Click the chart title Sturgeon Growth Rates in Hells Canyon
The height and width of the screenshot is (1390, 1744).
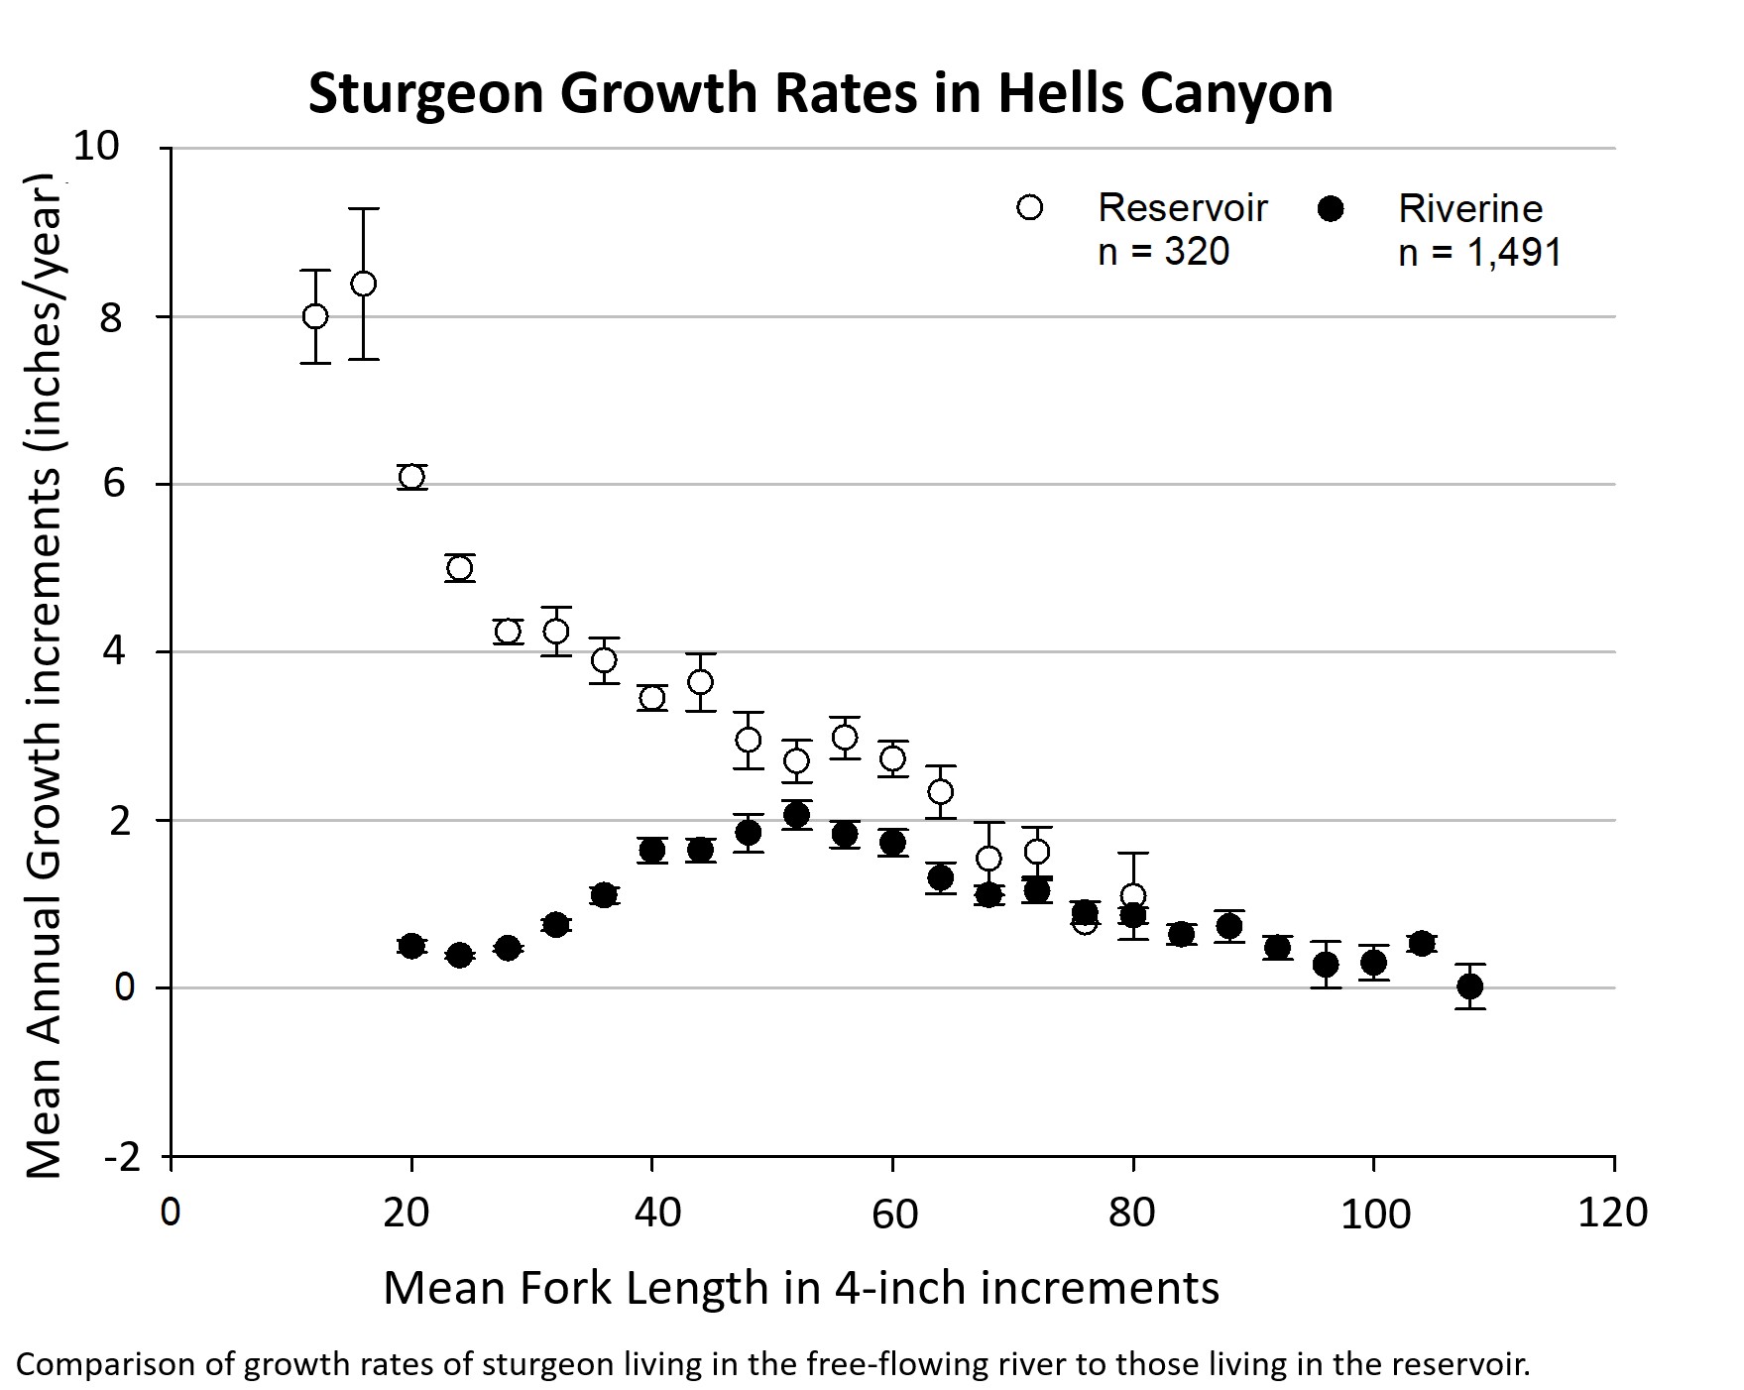pyautogui.click(x=820, y=94)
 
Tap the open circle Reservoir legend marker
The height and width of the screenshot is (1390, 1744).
pyautogui.click(x=1030, y=207)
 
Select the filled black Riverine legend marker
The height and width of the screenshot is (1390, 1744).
pyautogui.click(x=1331, y=207)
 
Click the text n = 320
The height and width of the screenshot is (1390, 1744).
pyautogui.click(x=1163, y=252)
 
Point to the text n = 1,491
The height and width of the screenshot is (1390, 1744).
pyautogui.click(x=1479, y=252)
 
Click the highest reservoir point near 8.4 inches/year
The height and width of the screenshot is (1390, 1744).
pyautogui.click(x=364, y=284)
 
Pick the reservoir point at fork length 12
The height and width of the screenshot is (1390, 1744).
pyautogui.click(x=315, y=316)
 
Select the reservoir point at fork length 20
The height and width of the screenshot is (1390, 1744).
pyautogui.click(x=411, y=477)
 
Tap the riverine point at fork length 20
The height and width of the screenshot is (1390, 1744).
pyautogui.click(x=411, y=945)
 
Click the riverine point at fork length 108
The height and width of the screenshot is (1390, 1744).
pyautogui.click(x=1470, y=985)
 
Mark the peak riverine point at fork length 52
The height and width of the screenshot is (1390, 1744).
pyautogui.click(x=796, y=815)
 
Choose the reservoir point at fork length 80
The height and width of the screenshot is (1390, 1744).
pyautogui.click(x=1133, y=896)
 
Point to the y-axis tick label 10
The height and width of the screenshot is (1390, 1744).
pyautogui.click(x=96, y=147)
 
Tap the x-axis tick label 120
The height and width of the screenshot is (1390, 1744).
pyautogui.click(x=1612, y=1213)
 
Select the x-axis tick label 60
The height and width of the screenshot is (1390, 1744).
pyautogui.click(x=893, y=1213)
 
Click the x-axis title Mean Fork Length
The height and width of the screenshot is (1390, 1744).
pyautogui.click(x=800, y=1288)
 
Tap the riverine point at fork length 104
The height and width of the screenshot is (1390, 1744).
pyautogui.click(x=1422, y=943)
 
